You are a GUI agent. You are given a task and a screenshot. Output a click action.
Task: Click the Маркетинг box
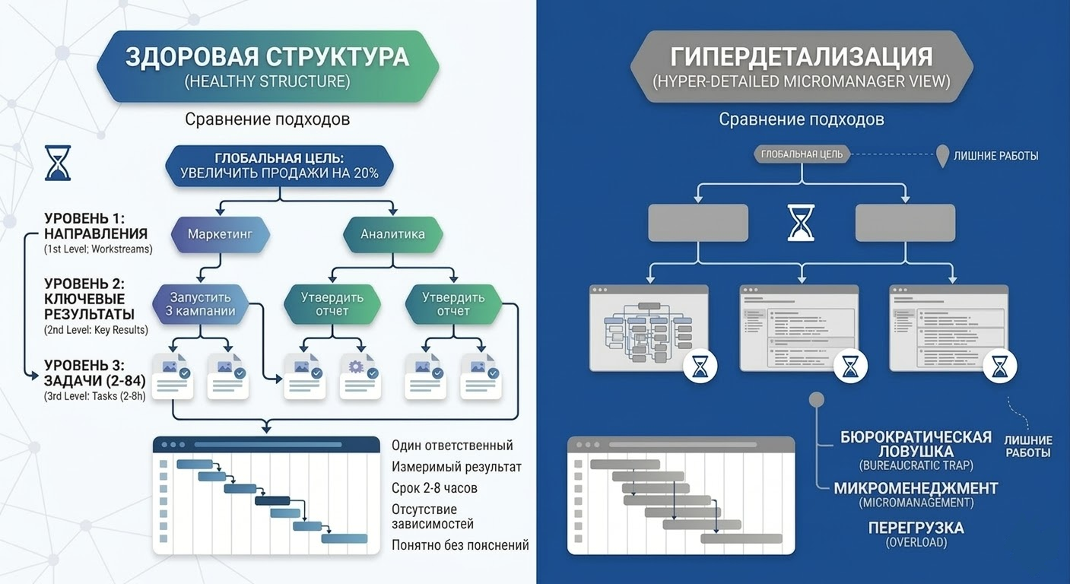coord(221,234)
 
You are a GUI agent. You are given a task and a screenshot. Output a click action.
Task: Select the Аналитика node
coord(392,234)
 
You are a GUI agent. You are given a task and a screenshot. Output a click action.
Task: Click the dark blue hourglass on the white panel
coord(58,163)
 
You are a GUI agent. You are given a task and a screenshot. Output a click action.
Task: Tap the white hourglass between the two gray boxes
coord(802,222)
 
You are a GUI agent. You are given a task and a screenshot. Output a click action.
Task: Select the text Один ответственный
coord(452,446)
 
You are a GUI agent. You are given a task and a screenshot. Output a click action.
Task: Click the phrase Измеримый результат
coord(456,466)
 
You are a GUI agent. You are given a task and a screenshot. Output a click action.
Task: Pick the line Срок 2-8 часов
coord(434,487)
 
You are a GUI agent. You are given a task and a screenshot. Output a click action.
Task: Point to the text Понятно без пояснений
coord(460,544)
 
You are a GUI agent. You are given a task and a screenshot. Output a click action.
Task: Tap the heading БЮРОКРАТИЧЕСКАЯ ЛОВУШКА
coord(916,444)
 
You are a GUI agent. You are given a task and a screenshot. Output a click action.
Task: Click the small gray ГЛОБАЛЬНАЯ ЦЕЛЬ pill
coord(802,154)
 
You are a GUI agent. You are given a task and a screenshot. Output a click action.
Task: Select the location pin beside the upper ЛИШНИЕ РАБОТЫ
coord(942,155)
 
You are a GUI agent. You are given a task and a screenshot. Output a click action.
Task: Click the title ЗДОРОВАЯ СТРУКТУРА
coord(267,58)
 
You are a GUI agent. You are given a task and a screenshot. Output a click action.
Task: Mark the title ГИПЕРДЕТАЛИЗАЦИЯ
coord(801,58)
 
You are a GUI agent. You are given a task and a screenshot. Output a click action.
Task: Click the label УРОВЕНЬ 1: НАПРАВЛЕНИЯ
coord(96,226)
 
